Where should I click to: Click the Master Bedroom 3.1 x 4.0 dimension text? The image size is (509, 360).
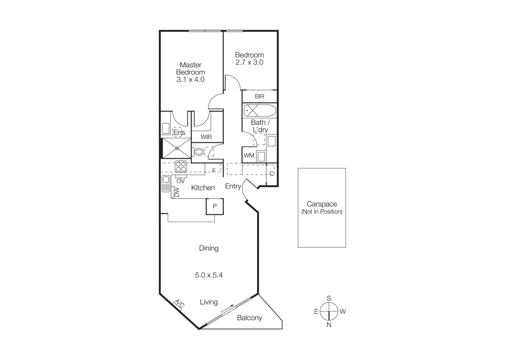190,80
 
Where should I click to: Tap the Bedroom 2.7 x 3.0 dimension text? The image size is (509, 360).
249,62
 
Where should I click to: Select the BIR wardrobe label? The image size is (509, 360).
259,96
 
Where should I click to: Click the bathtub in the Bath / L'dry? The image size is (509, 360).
260,111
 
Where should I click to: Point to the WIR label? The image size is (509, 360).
206,137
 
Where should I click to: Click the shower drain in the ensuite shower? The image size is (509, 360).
177,148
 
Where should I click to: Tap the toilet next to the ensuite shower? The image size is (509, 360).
199,152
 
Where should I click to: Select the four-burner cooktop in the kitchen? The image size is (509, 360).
181,166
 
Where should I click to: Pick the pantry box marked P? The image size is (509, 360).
215,206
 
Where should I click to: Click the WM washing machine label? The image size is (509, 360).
249,156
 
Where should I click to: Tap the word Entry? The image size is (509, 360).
233,186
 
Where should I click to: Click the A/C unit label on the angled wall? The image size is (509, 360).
179,304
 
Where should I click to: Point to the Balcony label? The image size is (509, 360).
249,318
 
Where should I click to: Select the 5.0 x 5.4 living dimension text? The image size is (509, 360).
209,275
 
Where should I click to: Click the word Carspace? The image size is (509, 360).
322,204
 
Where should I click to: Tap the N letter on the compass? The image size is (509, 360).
329,325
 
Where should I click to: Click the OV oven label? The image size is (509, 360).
180,181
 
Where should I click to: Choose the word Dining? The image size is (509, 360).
209,248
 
